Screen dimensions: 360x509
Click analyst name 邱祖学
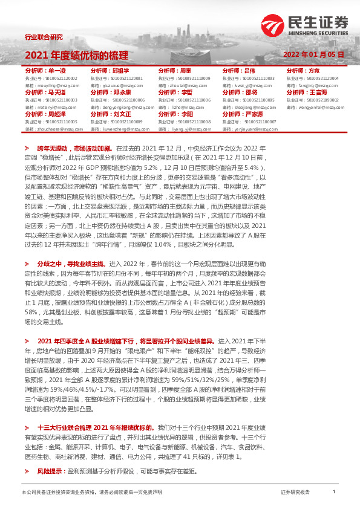120,71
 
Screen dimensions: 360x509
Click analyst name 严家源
254,114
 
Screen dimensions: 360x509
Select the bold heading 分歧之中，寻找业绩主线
72,264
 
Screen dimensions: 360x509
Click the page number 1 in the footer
334,492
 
